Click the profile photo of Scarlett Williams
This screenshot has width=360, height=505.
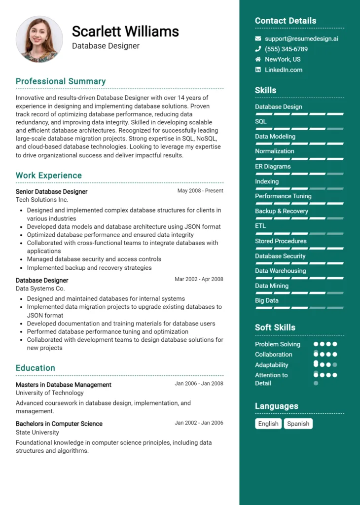tap(39, 39)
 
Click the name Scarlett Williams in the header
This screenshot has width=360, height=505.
tap(125, 32)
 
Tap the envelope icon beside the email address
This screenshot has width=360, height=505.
tap(258, 38)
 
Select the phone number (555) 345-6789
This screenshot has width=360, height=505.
tap(286, 49)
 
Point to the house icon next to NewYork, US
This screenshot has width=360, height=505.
tap(258, 59)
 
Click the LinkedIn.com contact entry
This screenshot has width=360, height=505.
tap(284, 70)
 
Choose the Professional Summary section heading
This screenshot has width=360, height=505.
tap(61, 81)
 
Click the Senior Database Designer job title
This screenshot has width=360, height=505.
tap(51, 191)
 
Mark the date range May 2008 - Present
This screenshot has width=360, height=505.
tap(200, 191)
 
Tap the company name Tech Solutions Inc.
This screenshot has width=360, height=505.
tap(42, 200)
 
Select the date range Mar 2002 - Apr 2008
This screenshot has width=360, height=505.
tap(199, 279)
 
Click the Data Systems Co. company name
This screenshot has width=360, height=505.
tap(40, 289)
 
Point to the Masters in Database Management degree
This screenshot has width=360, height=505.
tap(64, 385)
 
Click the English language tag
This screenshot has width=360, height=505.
tap(268, 424)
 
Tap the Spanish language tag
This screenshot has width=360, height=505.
tap(298, 424)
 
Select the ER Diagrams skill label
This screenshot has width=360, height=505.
tap(273, 166)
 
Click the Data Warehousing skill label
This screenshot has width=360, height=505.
tap(280, 271)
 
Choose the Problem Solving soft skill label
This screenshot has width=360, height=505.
tap(278, 344)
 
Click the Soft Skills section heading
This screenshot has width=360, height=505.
tap(275, 327)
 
